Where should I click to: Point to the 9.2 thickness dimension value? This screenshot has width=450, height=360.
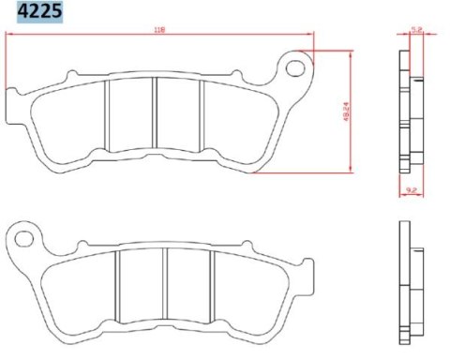pos(412,188)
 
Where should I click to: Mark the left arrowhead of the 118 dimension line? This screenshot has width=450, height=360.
pos(9,36)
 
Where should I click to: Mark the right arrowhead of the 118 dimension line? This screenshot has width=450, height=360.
pos(313,36)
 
